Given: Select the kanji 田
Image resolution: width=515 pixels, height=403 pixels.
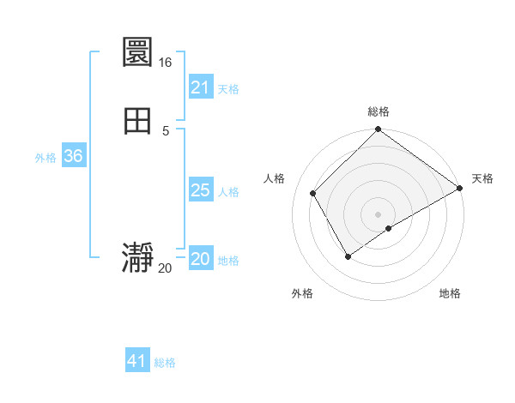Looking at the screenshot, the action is click(x=138, y=121).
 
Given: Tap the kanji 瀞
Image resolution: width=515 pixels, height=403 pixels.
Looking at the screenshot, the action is click(x=138, y=258).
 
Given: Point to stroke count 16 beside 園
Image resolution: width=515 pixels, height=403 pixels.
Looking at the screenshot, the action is click(x=165, y=63).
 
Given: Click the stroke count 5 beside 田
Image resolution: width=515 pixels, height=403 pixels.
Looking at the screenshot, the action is click(x=165, y=131).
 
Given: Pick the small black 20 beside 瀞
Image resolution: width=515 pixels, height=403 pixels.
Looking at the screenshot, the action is click(x=165, y=268).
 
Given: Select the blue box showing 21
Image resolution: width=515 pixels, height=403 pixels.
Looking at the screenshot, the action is click(x=201, y=87).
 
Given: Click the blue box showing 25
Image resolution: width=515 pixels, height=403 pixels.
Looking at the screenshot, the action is click(x=201, y=190).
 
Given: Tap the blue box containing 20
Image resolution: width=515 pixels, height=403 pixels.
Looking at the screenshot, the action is click(x=201, y=259).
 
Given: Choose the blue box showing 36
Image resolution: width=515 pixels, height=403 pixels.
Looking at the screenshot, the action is click(x=73, y=156).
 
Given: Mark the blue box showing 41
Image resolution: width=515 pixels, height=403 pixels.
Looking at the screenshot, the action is click(x=137, y=361).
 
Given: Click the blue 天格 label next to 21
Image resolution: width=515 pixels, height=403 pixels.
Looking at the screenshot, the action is click(x=228, y=89).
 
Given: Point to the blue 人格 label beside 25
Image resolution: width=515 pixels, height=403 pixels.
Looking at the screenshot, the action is click(x=228, y=192).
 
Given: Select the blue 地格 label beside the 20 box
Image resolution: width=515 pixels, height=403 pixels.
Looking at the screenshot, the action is click(x=228, y=261).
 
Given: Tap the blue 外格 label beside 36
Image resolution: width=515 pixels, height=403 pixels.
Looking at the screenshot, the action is click(x=45, y=158).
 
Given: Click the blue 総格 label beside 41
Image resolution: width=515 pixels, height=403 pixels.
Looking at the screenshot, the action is click(x=165, y=363).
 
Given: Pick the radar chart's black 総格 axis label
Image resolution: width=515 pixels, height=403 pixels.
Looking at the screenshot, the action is click(x=379, y=111).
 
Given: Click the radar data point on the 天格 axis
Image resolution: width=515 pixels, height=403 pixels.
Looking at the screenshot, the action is click(x=460, y=189).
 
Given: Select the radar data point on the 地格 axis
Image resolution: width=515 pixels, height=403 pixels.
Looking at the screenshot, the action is click(x=389, y=228).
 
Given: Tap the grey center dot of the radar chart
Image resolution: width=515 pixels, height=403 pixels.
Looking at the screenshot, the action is click(x=379, y=214).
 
